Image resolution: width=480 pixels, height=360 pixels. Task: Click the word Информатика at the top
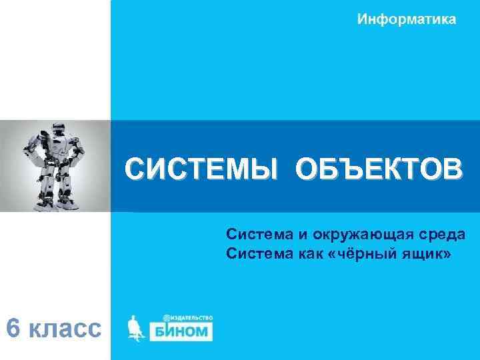click(x=407, y=19)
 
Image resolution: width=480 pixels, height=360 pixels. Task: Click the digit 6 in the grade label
click(x=13, y=328)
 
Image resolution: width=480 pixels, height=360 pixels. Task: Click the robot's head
click(x=55, y=131)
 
